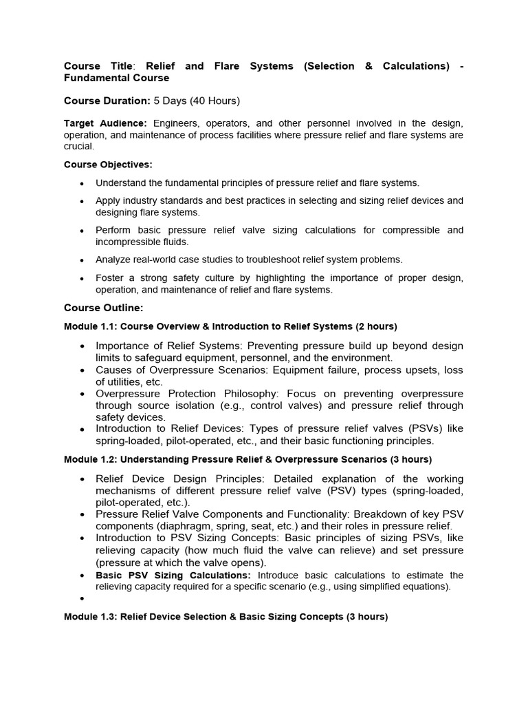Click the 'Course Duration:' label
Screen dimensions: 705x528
click(x=107, y=101)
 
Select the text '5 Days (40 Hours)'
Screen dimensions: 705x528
click(x=197, y=101)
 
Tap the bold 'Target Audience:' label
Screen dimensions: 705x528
click(x=105, y=123)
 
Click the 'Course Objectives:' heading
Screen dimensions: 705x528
click(x=108, y=165)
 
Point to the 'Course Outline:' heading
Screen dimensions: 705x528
click(x=103, y=308)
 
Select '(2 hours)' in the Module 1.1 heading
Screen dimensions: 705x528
click(x=376, y=326)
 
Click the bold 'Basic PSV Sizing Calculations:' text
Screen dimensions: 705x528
click(x=173, y=575)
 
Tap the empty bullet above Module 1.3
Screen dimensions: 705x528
click(x=82, y=599)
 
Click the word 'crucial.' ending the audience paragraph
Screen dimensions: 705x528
click(x=79, y=147)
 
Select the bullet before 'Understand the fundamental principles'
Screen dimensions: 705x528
click(x=82, y=183)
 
